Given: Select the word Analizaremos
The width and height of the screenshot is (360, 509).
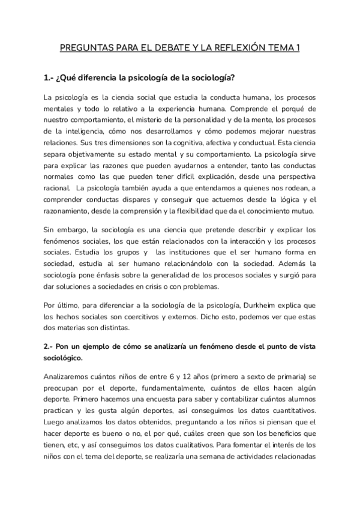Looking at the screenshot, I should click(69, 376).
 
